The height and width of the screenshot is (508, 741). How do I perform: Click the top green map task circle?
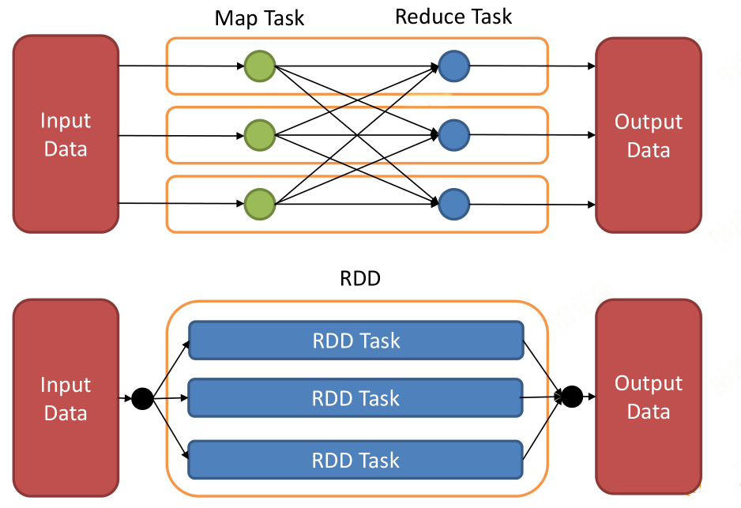[x=260, y=66]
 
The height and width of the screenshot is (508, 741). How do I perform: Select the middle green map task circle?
[x=260, y=136]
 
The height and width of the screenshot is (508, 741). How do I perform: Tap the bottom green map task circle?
[x=260, y=204]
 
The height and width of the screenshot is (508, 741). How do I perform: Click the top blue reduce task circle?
[x=454, y=66]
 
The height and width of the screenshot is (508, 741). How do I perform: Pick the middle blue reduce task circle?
[x=454, y=135]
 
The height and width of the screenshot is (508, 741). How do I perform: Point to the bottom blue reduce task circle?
[x=454, y=204]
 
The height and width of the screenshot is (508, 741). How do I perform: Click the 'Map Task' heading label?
[x=259, y=18]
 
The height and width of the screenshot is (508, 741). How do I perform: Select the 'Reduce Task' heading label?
[x=453, y=17]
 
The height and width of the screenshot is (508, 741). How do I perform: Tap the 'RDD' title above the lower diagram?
[x=360, y=278]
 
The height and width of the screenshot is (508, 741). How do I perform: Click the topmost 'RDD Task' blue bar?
[x=355, y=341]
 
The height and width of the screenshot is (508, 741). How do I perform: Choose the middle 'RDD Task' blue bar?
[x=355, y=398]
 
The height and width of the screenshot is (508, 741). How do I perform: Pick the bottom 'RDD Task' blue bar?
[x=355, y=460]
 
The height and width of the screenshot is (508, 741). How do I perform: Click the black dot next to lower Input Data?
[x=142, y=398]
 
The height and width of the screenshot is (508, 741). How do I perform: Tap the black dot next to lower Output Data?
[x=572, y=397]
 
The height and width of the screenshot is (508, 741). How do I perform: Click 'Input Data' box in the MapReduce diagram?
[x=66, y=134]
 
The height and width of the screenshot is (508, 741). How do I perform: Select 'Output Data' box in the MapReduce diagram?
[x=649, y=135]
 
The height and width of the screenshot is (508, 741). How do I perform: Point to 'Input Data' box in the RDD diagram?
[x=66, y=398]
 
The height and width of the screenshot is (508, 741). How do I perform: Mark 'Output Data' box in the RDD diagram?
[x=649, y=397]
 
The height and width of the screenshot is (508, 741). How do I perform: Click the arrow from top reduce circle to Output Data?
[x=532, y=66]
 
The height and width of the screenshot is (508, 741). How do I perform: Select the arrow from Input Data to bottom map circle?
[x=181, y=204]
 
